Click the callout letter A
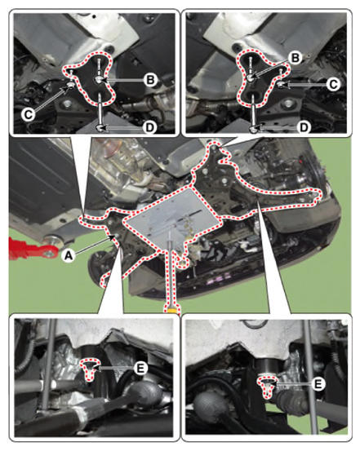coord(68,254)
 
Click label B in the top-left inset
coord(150,80)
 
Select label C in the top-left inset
coord(28,114)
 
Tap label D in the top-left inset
coord(149,127)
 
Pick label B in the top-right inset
coord(296,58)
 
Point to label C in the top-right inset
coord(333,85)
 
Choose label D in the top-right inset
coord(304,127)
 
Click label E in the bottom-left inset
coord(140,368)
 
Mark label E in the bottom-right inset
coord(318,383)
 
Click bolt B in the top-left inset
coord(99,81)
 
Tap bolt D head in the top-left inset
coord(100,127)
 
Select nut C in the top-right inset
coord(281,85)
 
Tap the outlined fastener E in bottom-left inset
coord(90,369)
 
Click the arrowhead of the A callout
coord(114,237)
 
